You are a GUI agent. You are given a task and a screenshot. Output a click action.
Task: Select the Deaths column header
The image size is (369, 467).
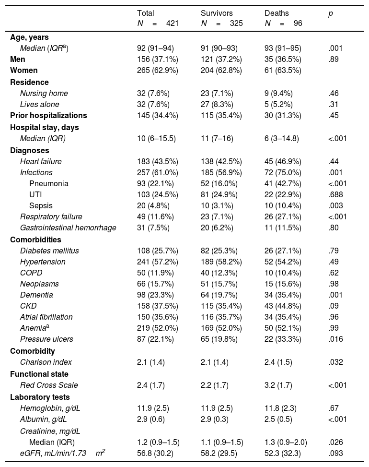click(x=277, y=13)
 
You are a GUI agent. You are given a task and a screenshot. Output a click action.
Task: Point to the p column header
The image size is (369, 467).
click(x=330, y=13)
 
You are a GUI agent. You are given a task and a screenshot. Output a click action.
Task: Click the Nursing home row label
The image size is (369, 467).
click(x=44, y=93)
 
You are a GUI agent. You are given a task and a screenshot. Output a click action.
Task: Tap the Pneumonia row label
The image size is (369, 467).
click(x=49, y=183)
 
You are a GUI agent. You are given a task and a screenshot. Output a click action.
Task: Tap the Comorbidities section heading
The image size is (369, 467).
click(x=34, y=239)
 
